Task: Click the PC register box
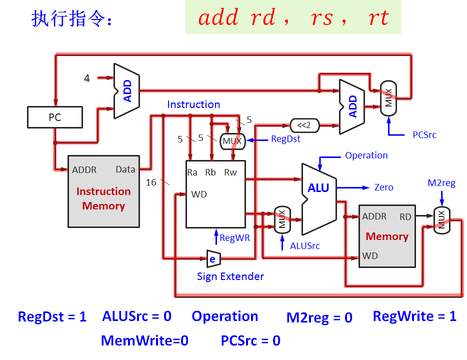coord(54,117)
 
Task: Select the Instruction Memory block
coord(103,191)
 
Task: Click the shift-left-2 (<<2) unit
coord(304,125)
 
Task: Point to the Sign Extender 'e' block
coord(213,258)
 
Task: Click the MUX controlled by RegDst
coord(232,141)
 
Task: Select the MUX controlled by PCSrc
coord(388,98)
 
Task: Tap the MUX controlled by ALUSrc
coord(282,219)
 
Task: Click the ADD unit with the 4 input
coord(126,91)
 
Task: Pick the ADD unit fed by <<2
coord(352,106)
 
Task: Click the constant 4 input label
coord(87,78)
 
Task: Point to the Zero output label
coord(383,187)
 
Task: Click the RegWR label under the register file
coord(234,238)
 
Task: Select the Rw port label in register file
coord(230,172)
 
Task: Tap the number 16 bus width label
coord(151,182)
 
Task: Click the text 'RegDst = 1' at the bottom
coord(52,316)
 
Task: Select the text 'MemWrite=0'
coord(144,341)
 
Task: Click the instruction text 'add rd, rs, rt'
coord(293,18)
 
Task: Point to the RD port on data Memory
coord(405,216)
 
